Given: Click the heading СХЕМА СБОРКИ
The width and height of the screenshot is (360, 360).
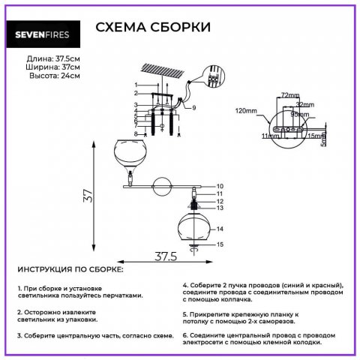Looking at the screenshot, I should point(153,28).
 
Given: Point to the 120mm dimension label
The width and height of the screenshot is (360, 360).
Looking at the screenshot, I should point(245,110).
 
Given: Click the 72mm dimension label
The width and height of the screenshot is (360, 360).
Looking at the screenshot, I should point(289,95).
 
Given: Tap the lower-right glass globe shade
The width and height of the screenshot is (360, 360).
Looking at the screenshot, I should point(194,226).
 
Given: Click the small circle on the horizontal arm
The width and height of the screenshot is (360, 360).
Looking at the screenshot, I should point(160,184).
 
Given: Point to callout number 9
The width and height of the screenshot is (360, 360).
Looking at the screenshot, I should point(193,109).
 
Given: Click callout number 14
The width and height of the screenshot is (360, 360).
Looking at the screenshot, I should point(220,228).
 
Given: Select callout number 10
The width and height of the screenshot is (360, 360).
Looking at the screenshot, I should point(220,185).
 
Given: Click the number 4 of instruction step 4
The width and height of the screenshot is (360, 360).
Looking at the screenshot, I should point(185,286).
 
